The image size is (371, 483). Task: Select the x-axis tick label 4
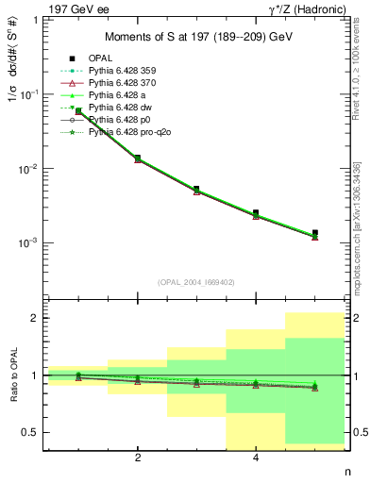click(256, 458)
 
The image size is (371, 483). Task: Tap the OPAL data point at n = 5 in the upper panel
click(315, 233)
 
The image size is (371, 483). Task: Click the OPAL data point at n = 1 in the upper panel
click(78, 111)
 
